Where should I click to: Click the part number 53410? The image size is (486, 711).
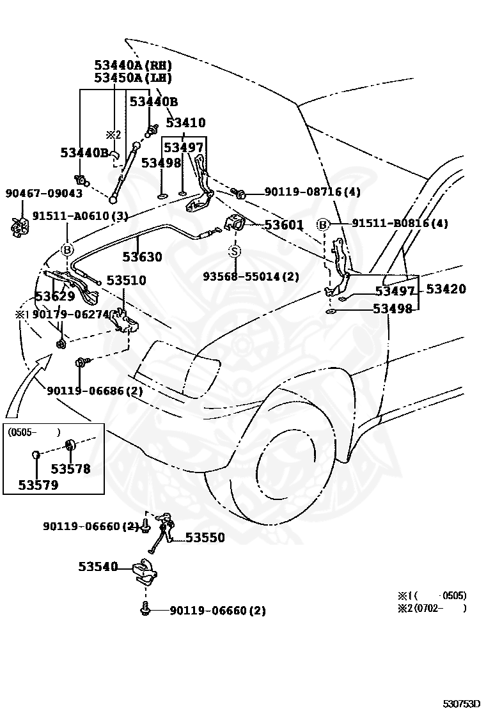tap(185, 122)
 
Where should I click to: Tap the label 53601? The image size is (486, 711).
tap(284, 225)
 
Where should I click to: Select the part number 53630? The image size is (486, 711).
tap(142, 256)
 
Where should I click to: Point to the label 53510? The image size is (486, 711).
tap(127, 280)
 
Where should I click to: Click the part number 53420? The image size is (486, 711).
tap(446, 288)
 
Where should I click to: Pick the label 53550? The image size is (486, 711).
tap(205, 537)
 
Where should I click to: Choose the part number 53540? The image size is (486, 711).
tap(98, 566)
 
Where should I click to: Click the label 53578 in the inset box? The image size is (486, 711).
tap(70, 469)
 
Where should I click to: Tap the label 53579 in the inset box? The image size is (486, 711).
tap(38, 485)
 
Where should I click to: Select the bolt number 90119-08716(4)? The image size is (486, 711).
tap(313, 192)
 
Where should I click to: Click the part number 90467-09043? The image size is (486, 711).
tap(44, 193)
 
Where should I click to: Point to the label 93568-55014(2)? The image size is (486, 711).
tap(251, 276)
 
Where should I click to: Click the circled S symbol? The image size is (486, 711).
tap(235, 251)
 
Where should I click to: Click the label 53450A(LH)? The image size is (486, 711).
tap(133, 78)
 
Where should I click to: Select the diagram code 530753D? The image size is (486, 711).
tap(461, 704)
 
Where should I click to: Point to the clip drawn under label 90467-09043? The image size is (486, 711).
tap(20, 226)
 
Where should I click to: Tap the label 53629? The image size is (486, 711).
tap(55, 297)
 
